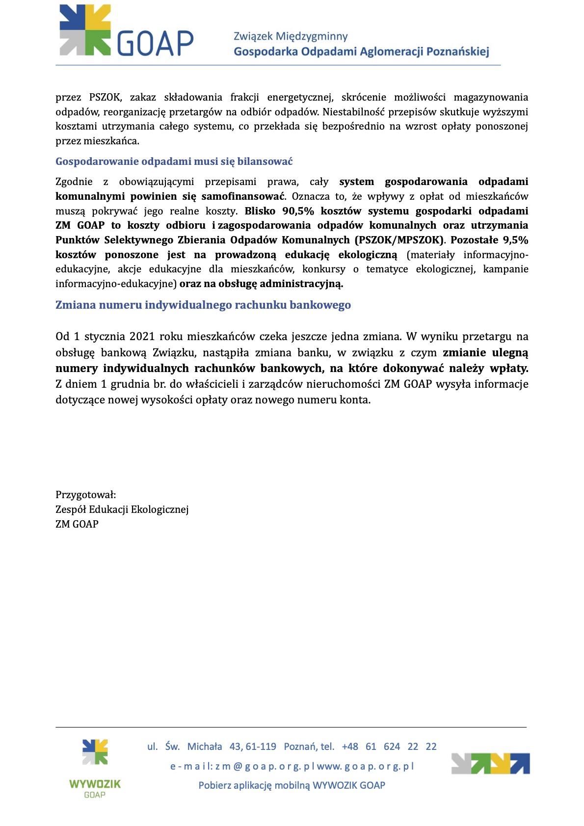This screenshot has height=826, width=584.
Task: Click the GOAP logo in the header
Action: pos(126,31)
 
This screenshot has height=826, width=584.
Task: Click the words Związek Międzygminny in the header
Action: pos(291,36)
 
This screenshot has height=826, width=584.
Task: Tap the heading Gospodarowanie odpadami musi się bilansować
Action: pos(174,161)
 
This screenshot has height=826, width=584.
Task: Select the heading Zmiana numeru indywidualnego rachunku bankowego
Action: pos(203,305)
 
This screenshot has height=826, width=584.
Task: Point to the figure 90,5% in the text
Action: pos(298,211)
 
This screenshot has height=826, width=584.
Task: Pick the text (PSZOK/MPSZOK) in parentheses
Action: pos(399,240)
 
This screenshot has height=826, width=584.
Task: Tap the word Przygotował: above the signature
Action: pos(85,495)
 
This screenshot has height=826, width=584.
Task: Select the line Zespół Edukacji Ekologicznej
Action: pos(122,509)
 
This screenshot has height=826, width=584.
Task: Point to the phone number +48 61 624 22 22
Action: pos(389,746)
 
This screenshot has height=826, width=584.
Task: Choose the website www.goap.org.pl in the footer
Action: pos(366,766)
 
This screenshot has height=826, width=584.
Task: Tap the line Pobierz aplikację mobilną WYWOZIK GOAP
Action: pos(292,785)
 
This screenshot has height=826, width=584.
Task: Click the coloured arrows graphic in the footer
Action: pos(490,764)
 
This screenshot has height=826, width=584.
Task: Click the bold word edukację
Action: pos(307,255)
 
